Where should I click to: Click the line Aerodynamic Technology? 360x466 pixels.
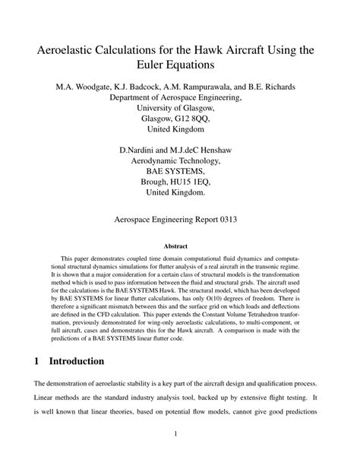click(179, 162)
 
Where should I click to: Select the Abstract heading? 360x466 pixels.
click(179, 246)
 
